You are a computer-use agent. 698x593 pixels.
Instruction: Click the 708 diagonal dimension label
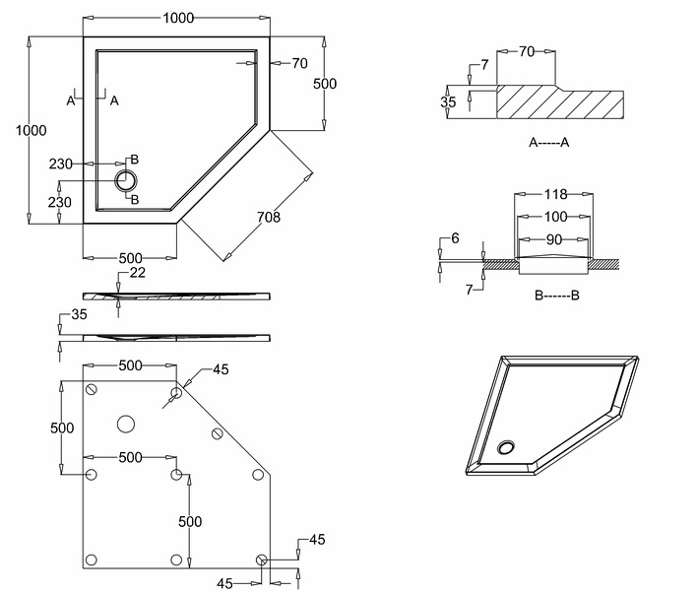(269, 217)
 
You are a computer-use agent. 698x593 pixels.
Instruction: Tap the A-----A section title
(549, 143)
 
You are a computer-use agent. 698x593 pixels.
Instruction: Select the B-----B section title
(556, 295)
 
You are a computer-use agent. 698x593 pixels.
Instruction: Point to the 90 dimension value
(554, 238)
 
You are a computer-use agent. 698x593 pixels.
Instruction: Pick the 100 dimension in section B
(554, 217)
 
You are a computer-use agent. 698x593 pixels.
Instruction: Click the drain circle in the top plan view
(126, 180)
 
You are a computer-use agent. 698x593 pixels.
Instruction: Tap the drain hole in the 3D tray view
(508, 447)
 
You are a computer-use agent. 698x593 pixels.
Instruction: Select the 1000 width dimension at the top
(178, 18)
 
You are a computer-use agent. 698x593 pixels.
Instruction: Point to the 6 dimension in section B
(455, 238)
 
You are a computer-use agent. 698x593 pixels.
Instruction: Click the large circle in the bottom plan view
(125, 424)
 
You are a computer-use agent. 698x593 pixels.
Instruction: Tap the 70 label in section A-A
(527, 50)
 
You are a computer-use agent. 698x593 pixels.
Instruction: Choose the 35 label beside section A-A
(449, 101)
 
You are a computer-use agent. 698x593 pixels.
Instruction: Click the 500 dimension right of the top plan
(325, 84)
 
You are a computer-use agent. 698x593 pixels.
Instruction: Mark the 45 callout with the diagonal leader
(220, 369)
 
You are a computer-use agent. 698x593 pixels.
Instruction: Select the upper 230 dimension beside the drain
(62, 164)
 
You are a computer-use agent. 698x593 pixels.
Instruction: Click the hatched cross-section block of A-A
(561, 102)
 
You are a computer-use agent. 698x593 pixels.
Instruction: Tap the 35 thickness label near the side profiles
(80, 315)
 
